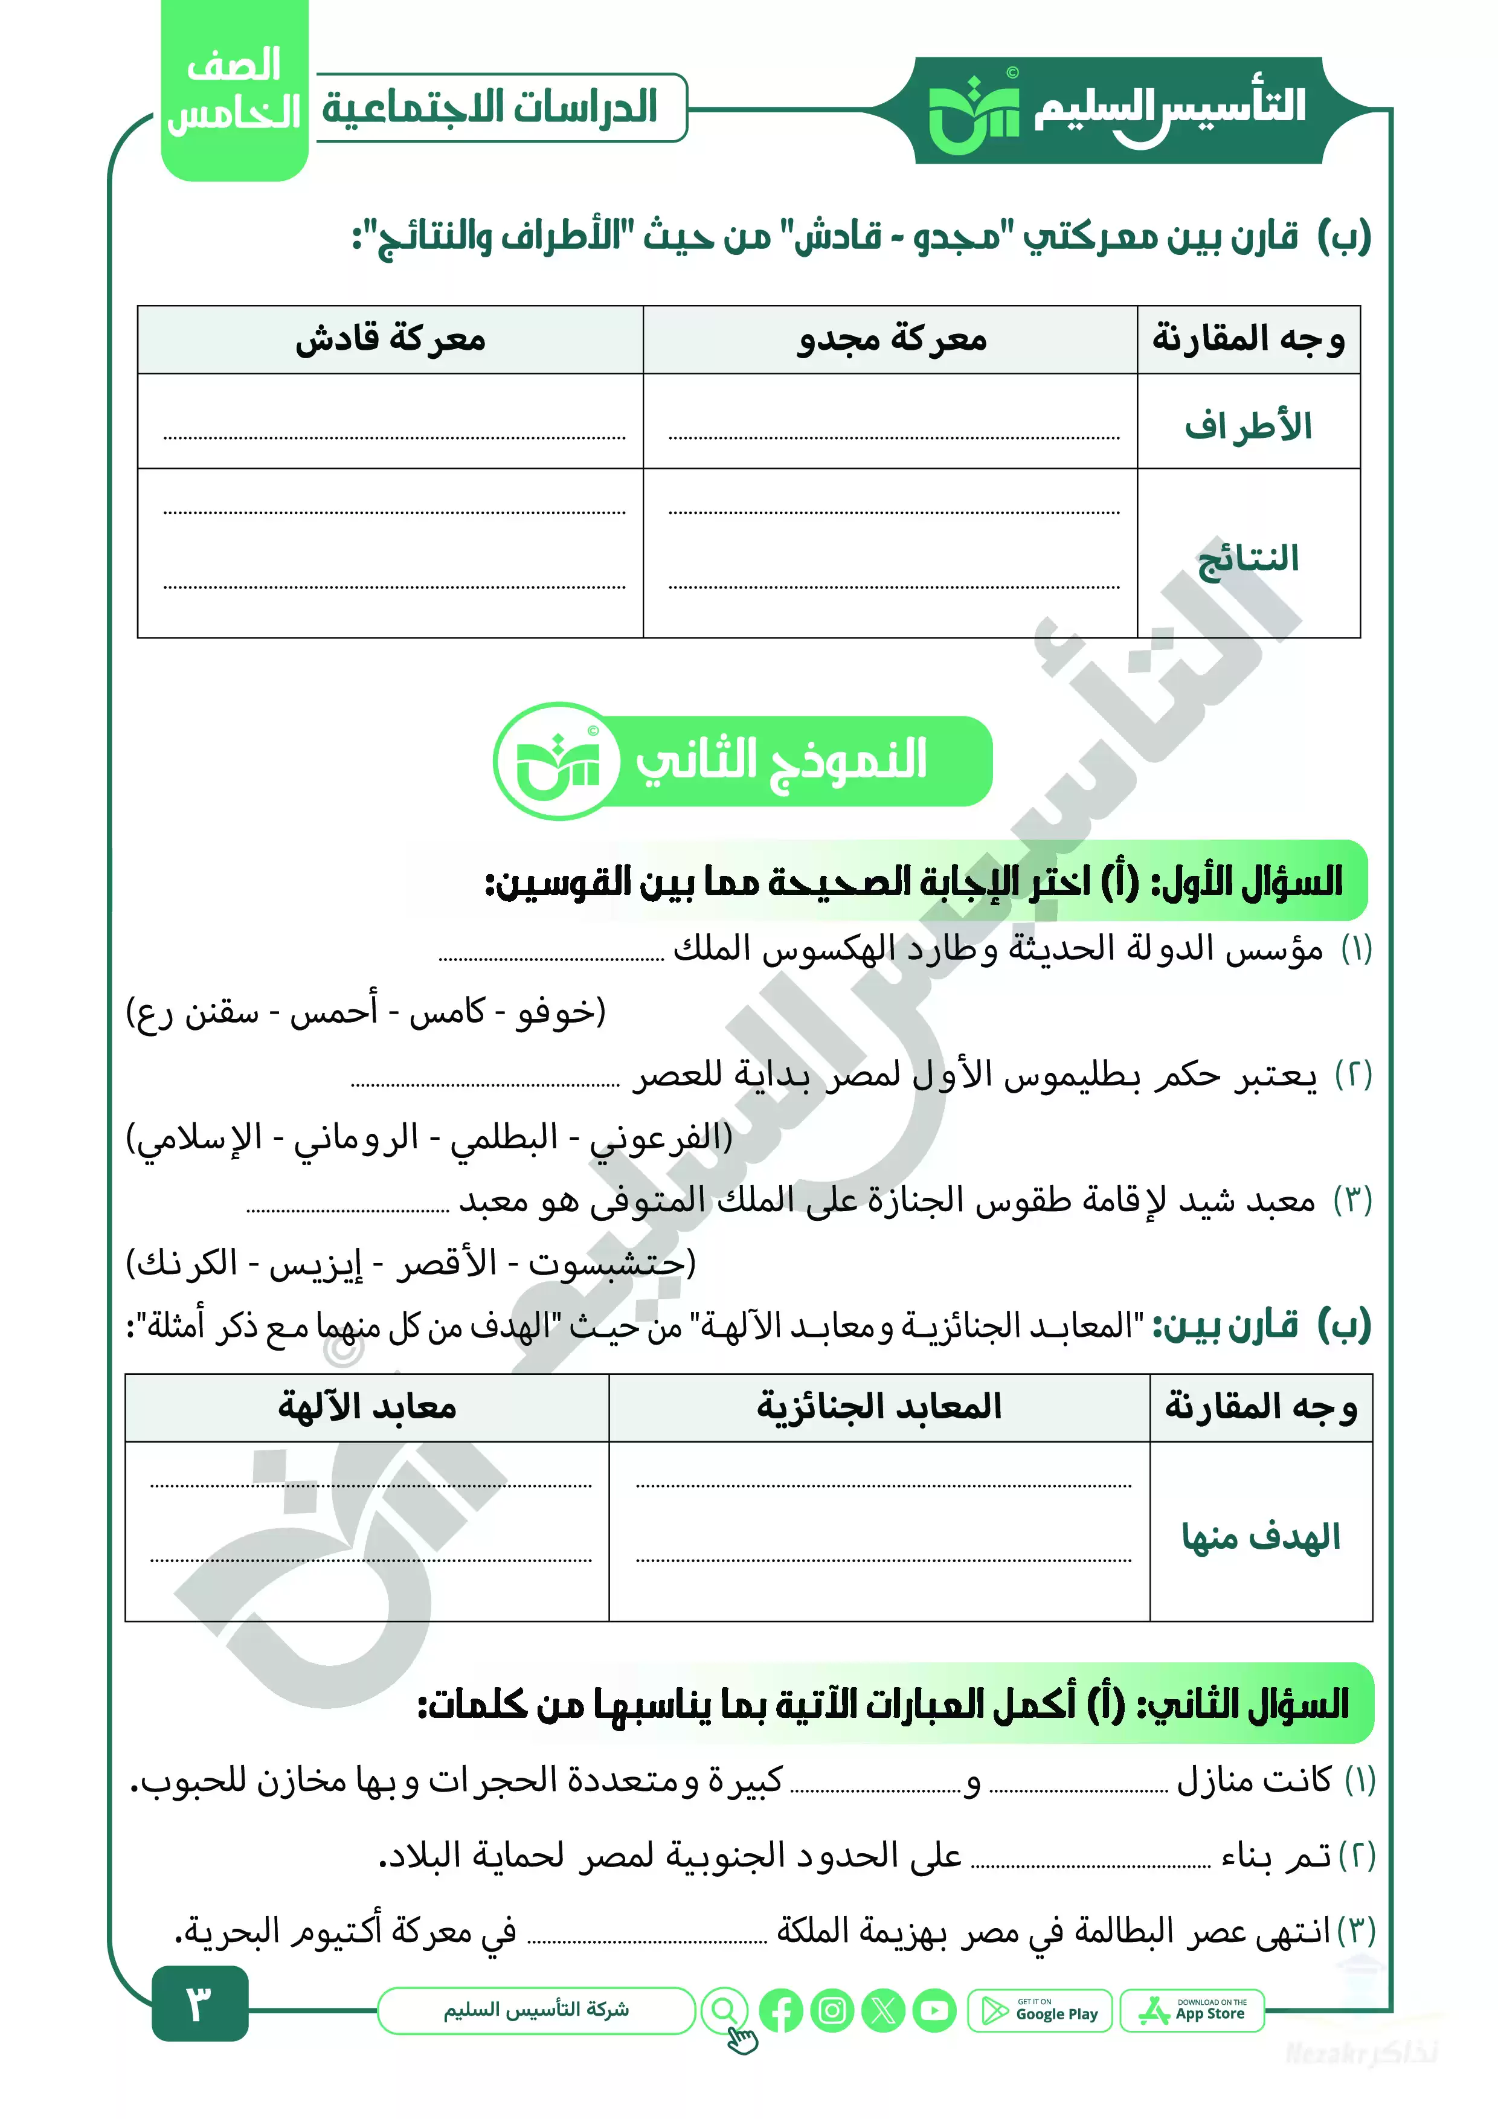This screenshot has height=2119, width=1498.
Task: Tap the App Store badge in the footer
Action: pyautogui.click(x=1192, y=2010)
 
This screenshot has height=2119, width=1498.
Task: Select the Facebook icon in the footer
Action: pyautogui.click(x=781, y=2010)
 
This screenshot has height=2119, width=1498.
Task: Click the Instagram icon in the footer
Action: pyautogui.click(x=832, y=2010)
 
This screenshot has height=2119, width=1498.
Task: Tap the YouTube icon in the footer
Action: pyautogui.click(x=935, y=2010)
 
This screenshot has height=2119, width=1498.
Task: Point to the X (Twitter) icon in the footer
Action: pyautogui.click(x=883, y=2010)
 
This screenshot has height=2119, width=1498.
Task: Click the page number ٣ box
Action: pyautogui.click(x=199, y=2002)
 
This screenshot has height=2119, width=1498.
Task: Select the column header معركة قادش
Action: pyautogui.click(x=390, y=339)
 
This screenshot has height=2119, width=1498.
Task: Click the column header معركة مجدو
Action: pyautogui.click(x=892, y=339)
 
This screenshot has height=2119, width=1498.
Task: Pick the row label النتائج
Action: pyautogui.click(x=1248, y=558)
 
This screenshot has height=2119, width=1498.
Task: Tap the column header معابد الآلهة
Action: pyautogui.click(x=367, y=1406)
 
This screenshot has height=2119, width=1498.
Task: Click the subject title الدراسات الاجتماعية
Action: pyautogui.click(x=490, y=107)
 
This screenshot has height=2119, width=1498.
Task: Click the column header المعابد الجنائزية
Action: pyautogui.click(x=879, y=1406)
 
